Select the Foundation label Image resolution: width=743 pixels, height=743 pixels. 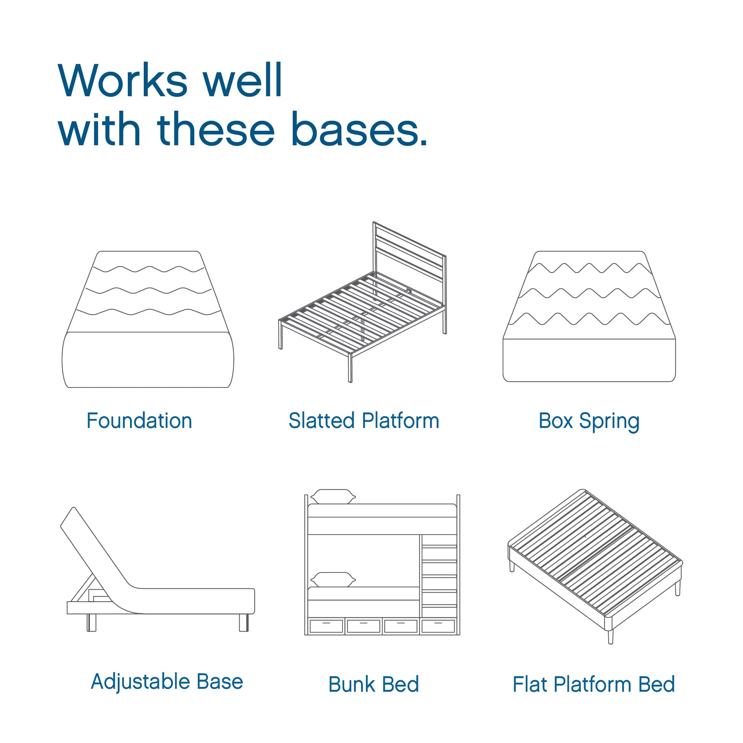(x=139, y=421)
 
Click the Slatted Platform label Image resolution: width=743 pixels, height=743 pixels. (x=364, y=421)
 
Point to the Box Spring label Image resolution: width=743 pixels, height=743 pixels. (x=589, y=422)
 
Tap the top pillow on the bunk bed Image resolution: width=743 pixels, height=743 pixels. (x=333, y=496)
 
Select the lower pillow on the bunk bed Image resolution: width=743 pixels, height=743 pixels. (x=333, y=580)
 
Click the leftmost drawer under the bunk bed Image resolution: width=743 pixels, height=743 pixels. (x=326, y=626)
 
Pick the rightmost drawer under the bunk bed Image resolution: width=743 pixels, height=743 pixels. (x=438, y=626)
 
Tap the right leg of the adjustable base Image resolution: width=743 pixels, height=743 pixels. (x=244, y=622)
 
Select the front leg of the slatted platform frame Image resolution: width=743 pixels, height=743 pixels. (x=350, y=368)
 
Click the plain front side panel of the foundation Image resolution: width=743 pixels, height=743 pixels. (x=148, y=360)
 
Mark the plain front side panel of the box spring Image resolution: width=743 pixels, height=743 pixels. (x=589, y=360)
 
